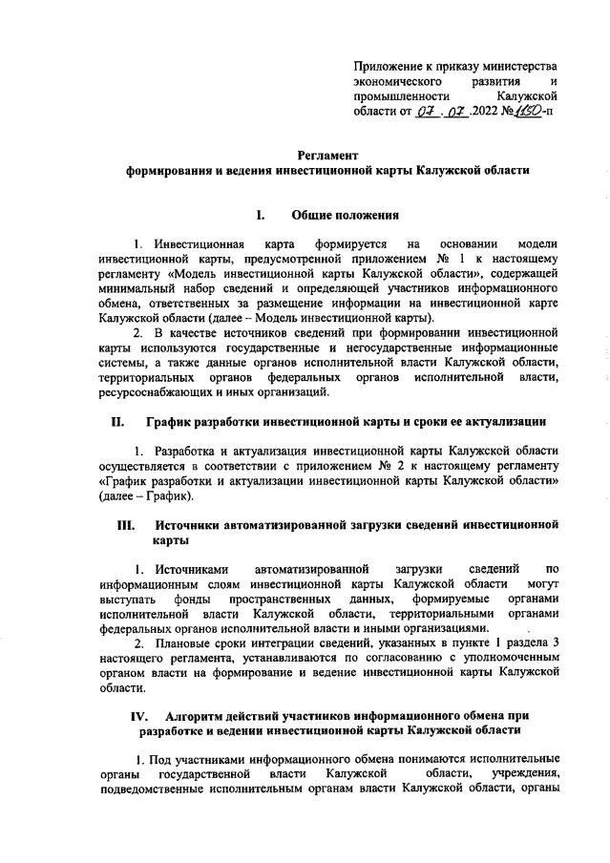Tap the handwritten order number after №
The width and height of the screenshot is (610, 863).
pos(529,113)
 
